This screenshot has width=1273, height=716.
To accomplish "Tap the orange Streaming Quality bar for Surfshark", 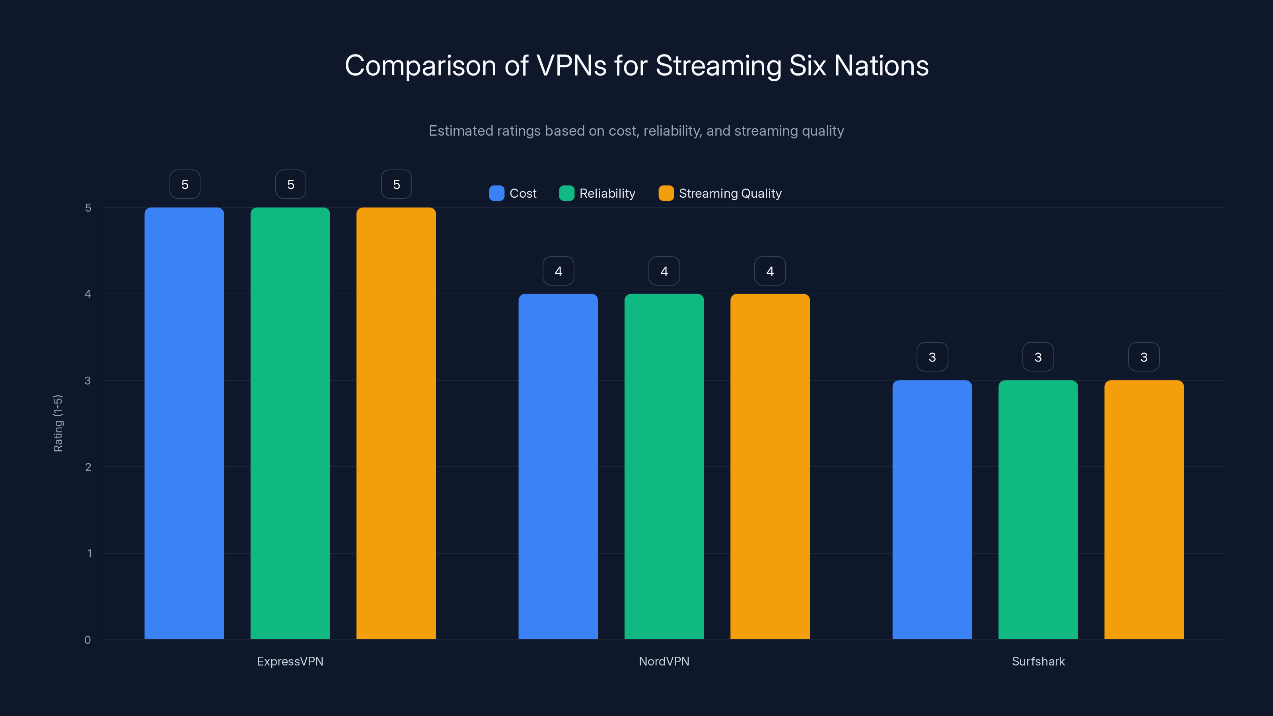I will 1144,510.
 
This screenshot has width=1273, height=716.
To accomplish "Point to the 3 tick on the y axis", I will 88,381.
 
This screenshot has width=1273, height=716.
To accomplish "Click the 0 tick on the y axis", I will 88,640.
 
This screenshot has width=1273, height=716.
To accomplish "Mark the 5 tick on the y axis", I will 88,208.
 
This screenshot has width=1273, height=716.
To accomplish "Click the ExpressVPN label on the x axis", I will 290,661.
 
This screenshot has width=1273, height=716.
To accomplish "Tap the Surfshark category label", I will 1038,661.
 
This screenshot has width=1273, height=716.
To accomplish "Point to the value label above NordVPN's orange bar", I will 769,271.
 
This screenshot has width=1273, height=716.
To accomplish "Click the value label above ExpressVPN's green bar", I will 290,184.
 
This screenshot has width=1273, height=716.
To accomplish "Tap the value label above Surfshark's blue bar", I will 932,357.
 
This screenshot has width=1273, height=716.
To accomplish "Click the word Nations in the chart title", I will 881,66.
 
